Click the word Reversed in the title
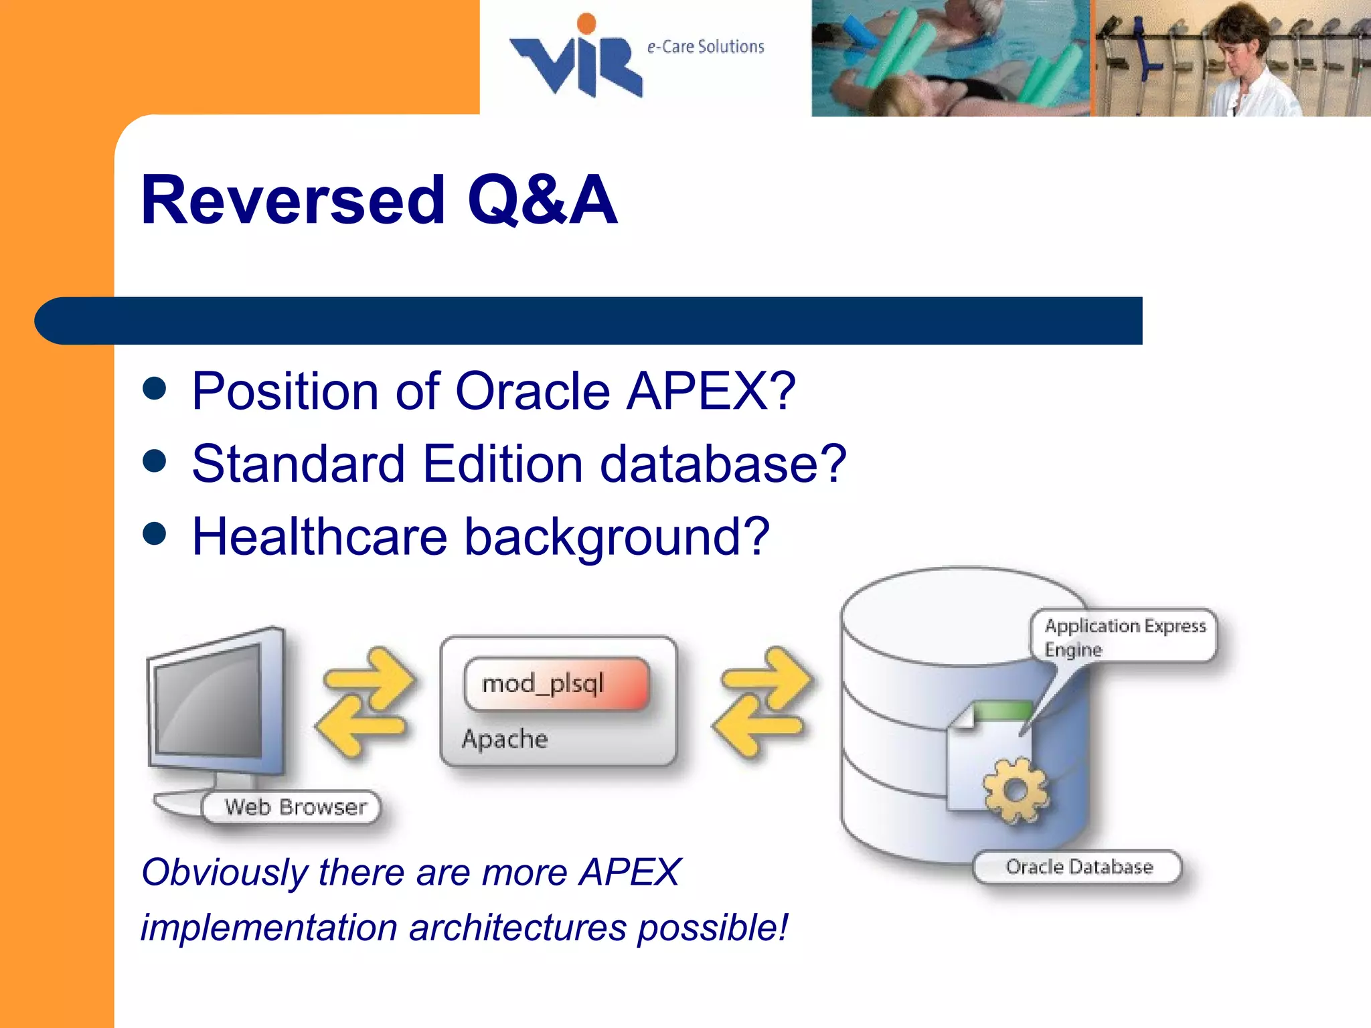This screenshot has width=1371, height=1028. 293,200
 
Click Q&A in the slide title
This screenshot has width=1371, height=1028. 542,200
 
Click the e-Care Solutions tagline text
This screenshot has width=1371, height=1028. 705,47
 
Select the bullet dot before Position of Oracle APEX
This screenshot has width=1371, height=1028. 155,388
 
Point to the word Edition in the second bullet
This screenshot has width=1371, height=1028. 503,464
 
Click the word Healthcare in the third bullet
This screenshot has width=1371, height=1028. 319,537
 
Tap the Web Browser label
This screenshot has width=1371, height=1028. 295,807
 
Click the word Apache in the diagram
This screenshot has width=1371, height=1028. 504,739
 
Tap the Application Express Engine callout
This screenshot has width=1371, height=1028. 1125,636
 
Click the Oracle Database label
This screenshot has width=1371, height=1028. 1078,867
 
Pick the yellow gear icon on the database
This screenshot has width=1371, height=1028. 1015,790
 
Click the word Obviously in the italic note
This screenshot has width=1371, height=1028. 224,873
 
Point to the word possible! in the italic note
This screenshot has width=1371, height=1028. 712,928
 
